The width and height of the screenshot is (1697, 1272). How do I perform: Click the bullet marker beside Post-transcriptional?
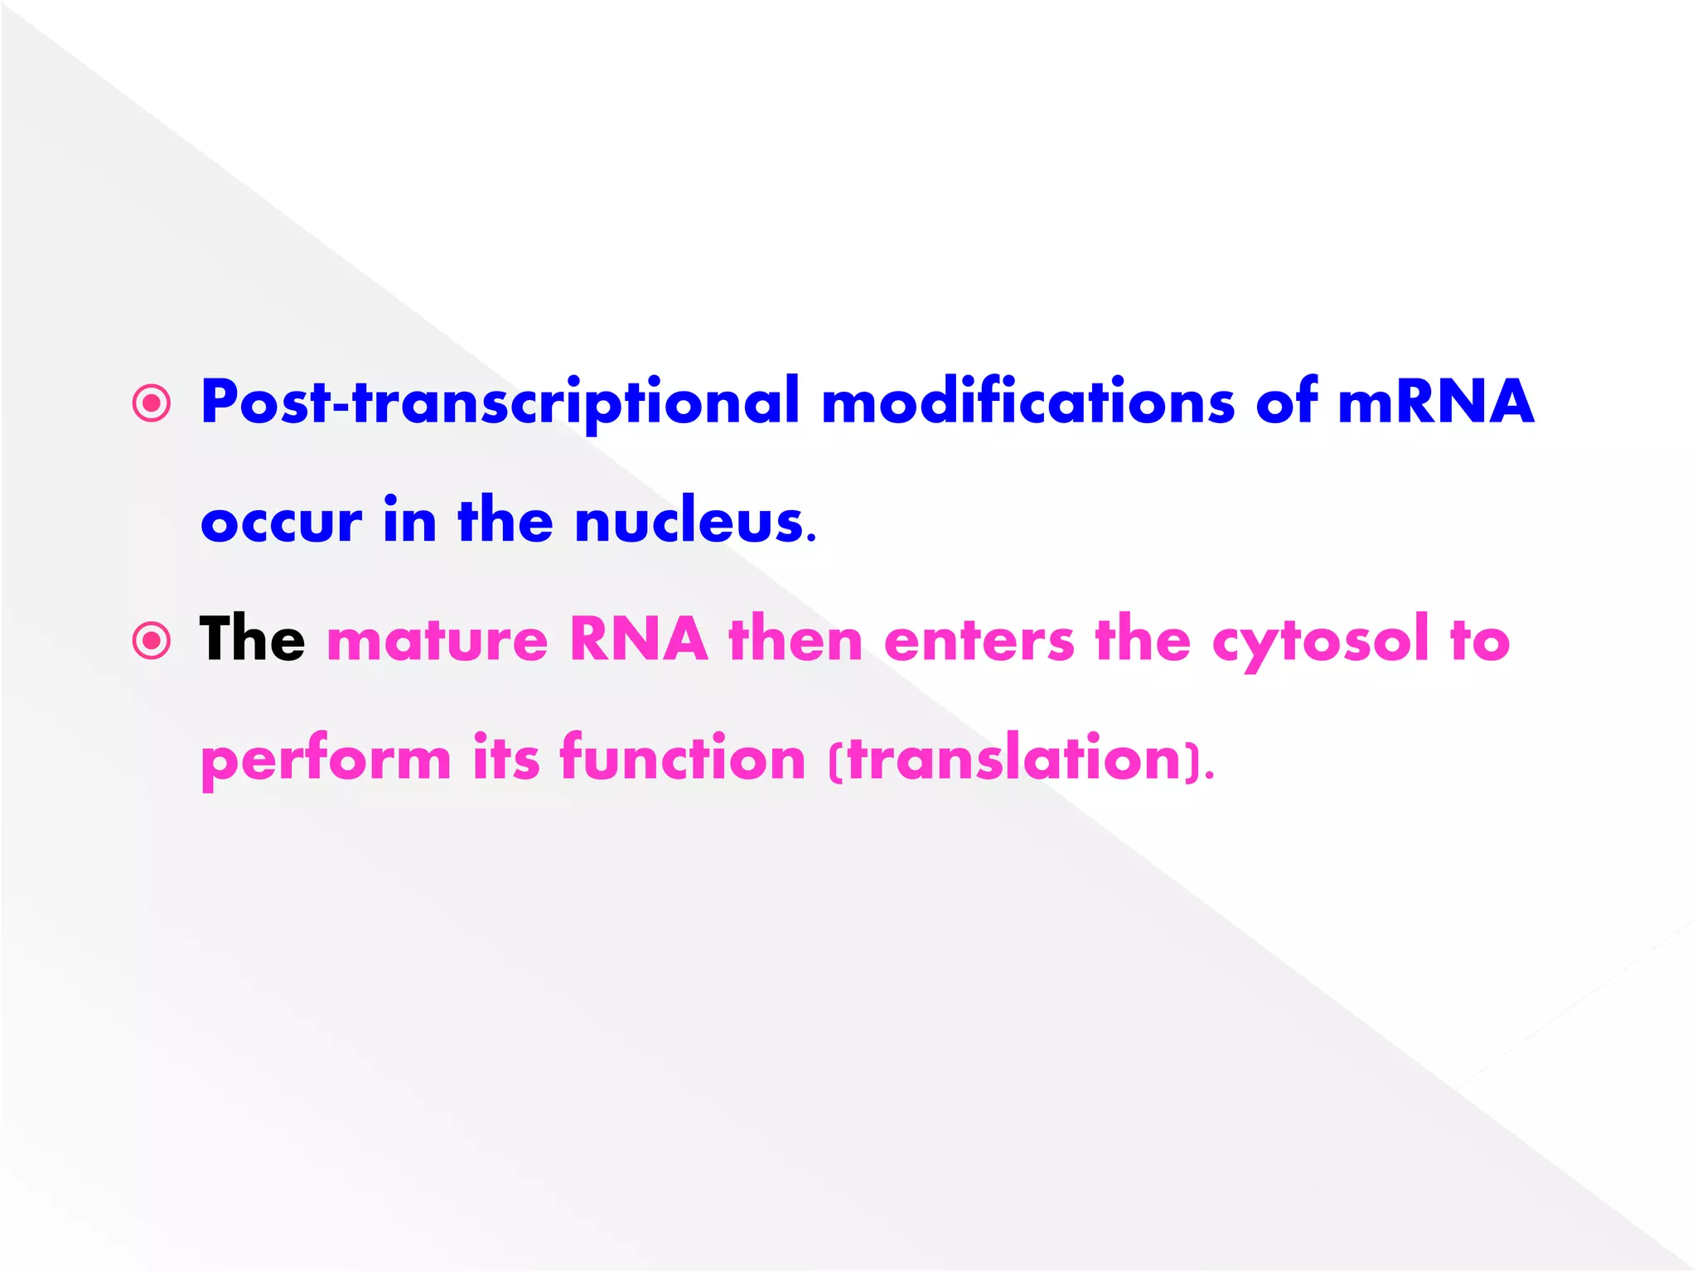[x=152, y=403]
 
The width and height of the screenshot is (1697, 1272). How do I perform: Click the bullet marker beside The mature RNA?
[x=152, y=640]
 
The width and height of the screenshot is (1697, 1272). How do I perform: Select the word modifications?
[x=1027, y=402]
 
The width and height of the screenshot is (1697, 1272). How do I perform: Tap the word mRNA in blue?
[x=1435, y=402]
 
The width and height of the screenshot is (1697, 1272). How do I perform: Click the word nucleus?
[x=694, y=520]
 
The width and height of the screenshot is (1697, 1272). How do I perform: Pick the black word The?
[x=252, y=639]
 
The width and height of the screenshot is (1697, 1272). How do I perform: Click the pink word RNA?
[x=638, y=639]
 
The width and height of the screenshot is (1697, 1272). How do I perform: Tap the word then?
[x=795, y=639]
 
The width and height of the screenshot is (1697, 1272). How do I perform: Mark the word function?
[x=682, y=757]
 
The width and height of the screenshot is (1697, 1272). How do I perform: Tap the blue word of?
[x=1286, y=402]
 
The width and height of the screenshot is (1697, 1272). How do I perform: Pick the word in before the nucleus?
[x=409, y=520]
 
